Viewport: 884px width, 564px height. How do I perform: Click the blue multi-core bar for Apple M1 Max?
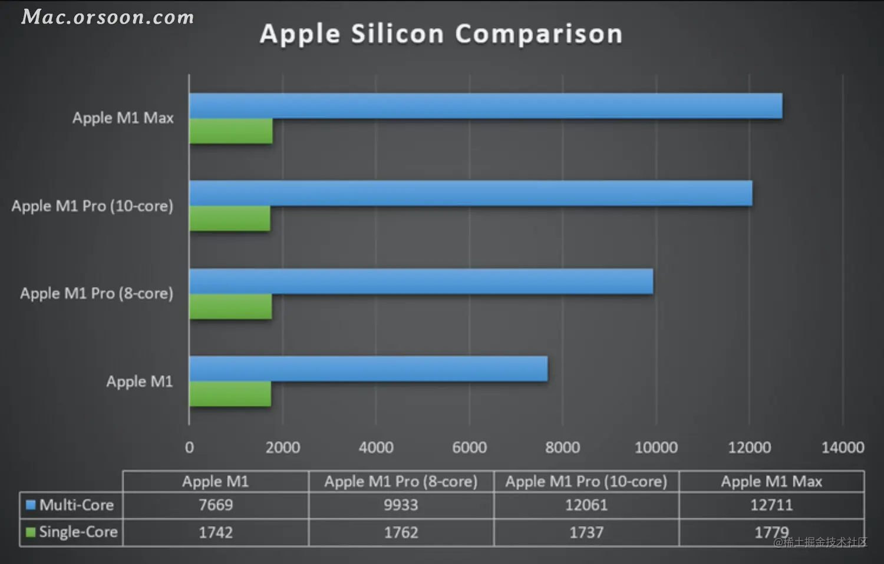486,105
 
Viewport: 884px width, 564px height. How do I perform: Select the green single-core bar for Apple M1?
230,393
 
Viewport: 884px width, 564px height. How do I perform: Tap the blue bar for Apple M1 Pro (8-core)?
421,281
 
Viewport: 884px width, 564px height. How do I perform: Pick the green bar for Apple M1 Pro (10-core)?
230,218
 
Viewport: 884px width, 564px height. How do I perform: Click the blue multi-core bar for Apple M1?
368,369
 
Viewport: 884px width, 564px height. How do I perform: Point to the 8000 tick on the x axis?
563,448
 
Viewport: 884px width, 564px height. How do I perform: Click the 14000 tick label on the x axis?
843,448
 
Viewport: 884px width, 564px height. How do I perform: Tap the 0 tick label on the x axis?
189,448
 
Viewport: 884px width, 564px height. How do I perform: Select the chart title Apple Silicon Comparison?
441,34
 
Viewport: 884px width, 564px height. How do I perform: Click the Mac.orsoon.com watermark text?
108,17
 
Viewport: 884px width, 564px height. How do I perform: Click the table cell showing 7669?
216,505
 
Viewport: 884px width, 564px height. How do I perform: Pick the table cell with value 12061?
586,505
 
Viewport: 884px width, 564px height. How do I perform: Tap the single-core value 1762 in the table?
401,532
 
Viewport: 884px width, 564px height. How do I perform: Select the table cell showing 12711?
771,505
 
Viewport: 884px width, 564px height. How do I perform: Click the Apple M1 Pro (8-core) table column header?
401,482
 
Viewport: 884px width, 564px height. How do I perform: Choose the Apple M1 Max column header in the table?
771,482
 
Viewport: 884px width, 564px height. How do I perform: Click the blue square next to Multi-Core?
31,505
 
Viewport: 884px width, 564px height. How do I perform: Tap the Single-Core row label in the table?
78,532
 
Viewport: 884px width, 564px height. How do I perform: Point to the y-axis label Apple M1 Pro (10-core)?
93,206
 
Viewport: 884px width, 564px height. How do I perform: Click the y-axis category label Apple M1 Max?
123,118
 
